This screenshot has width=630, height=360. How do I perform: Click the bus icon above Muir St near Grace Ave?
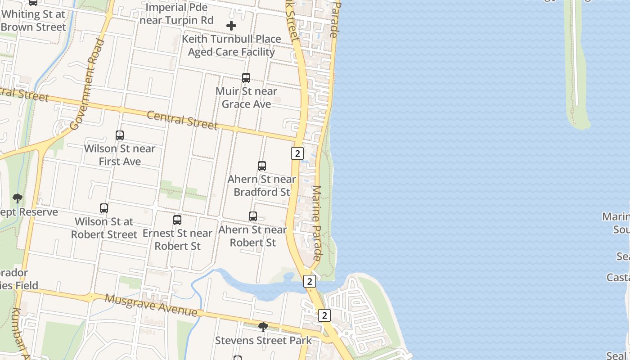pyautogui.click(x=246, y=78)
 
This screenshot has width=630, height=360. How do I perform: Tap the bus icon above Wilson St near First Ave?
pyautogui.click(x=120, y=135)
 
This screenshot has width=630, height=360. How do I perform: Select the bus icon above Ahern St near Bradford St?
pyautogui.click(x=262, y=166)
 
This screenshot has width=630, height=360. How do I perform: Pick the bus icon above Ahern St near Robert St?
pyautogui.click(x=253, y=216)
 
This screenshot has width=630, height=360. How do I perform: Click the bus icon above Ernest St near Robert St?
pyautogui.click(x=177, y=220)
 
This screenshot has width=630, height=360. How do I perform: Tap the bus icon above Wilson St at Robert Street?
pyautogui.click(x=104, y=208)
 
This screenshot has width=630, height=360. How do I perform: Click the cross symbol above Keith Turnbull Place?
pyautogui.click(x=231, y=26)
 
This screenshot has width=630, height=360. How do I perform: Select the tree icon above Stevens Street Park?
pyautogui.click(x=263, y=327)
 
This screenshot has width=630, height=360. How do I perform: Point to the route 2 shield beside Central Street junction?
pyautogui.click(x=297, y=153)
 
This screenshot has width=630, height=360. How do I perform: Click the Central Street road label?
pyautogui.click(x=182, y=120)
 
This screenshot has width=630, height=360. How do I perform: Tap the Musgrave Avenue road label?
pyautogui.click(x=151, y=305)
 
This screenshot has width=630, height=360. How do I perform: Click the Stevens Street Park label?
pyautogui.click(x=263, y=341)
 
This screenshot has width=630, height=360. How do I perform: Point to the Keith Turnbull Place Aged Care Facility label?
pyautogui.click(x=231, y=45)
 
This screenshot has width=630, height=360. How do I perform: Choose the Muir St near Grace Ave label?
pyautogui.click(x=246, y=98)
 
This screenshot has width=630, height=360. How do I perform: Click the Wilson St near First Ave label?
pyautogui.click(x=120, y=155)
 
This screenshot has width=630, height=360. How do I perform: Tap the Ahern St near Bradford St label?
pyautogui.click(x=262, y=185)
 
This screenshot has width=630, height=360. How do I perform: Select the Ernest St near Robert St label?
pyautogui.click(x=177, y=239)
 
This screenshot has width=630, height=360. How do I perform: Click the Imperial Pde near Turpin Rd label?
pyautogui.click(x=176, y=14)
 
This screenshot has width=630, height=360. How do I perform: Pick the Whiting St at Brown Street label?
pyautogui.click(x=33, y=20)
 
